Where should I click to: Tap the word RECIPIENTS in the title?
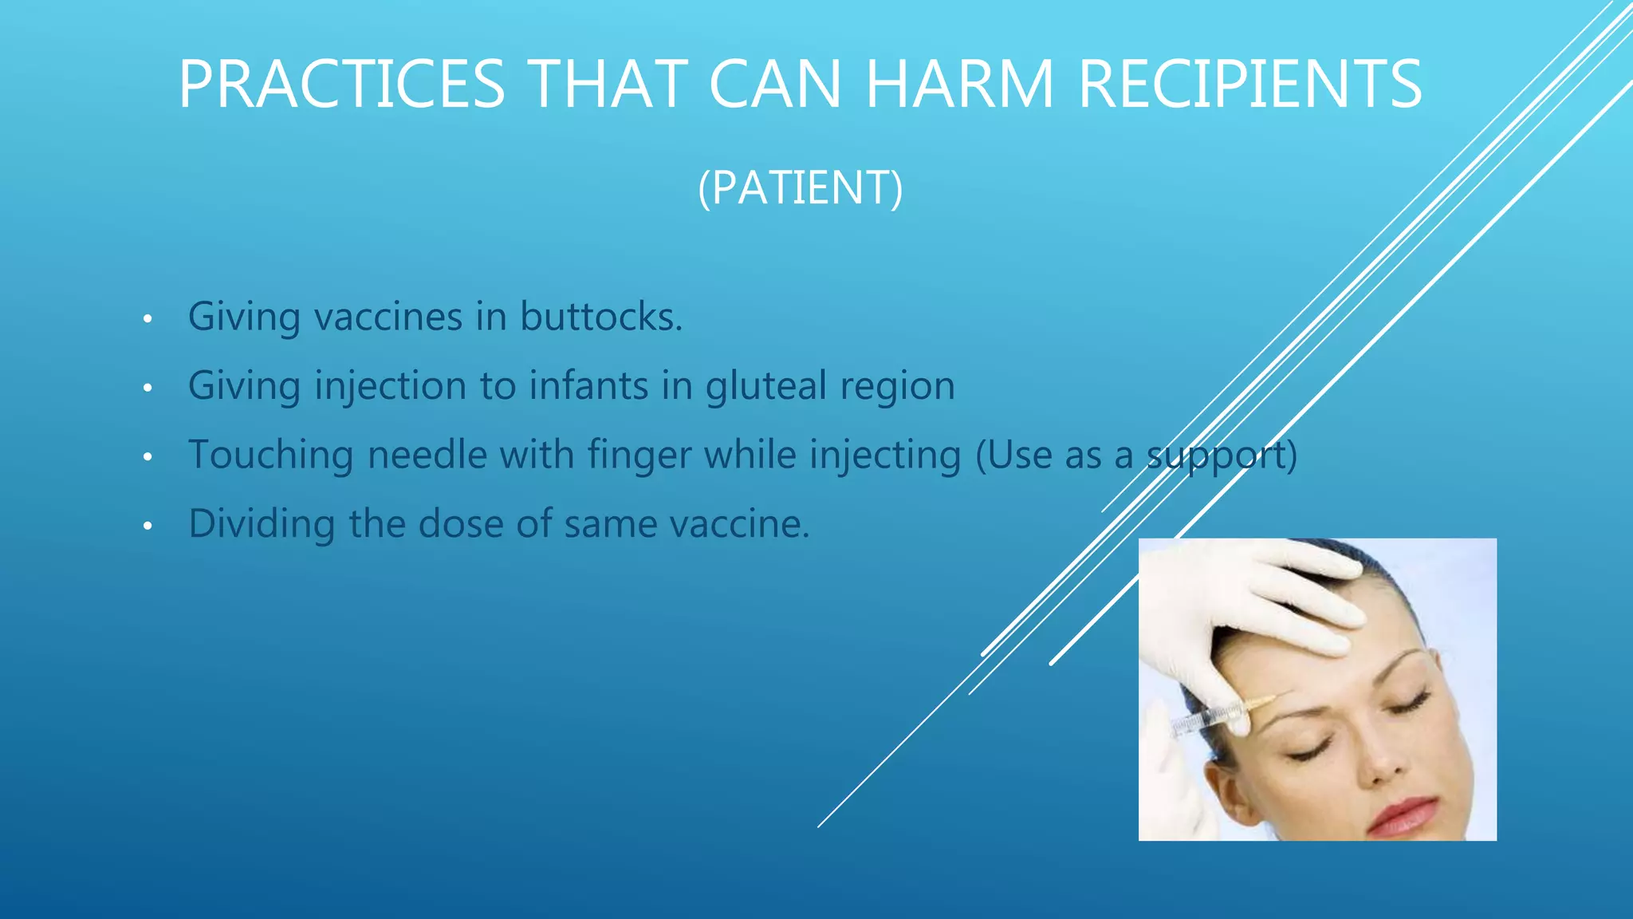click(x=1249, y=84)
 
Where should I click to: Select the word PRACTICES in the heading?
click(x=341, y=84)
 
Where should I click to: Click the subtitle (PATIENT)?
click(x=801, y=187)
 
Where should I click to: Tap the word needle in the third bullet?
click(x=427, y=455)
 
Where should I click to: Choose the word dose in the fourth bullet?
click(x=460, y=524)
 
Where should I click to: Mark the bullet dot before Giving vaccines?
click(x=147, y=320)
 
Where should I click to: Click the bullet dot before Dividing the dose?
click(x=147, y=527)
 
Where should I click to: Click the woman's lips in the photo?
click(x=1405, y=815)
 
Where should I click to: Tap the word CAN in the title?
click(x=774, y=84)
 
